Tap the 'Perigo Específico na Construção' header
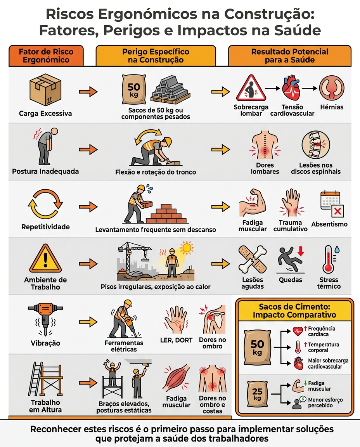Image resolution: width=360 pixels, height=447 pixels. (156, 56)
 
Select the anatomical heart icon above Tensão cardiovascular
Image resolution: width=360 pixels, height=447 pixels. (291, 89)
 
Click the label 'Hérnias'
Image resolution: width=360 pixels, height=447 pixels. (332, 107)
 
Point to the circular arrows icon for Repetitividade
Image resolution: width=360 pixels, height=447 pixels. (45, 204)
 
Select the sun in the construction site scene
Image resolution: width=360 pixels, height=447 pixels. (187, 248)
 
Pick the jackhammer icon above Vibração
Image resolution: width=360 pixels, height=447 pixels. (45, 319)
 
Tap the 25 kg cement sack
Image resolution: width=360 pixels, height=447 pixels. (257, 394)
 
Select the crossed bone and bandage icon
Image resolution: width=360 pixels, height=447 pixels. (253, 260)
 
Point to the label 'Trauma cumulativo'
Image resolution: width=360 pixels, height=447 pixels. (290, 226)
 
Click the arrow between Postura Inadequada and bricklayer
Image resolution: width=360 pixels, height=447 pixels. (88, 149)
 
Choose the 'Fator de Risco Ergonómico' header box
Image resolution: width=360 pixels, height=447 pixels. (46, 56)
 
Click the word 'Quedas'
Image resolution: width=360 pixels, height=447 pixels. (290, 280)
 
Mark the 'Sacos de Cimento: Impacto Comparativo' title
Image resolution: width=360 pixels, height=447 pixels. (294, 311)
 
